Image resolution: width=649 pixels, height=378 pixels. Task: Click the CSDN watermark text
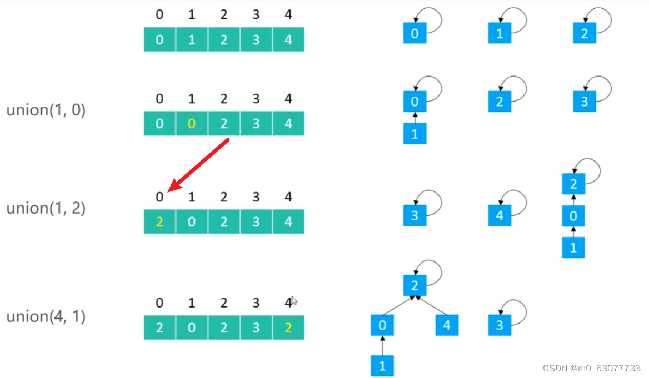(591, 369)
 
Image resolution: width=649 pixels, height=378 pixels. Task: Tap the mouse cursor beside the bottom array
(294, 300)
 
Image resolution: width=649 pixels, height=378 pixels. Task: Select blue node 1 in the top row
(500, 34)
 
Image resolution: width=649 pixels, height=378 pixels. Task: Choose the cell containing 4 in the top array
(288, 40)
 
